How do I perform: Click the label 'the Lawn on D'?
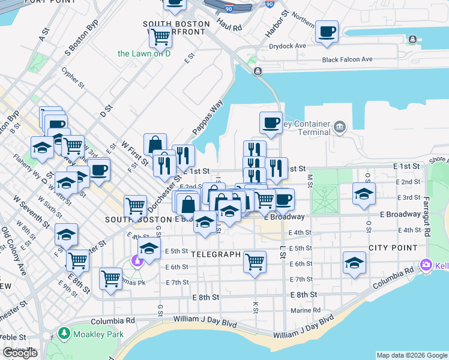point(144,53)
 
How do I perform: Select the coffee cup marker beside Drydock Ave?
point(327,32)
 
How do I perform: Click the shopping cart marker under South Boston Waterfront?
point(160,38)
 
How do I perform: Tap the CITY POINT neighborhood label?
point(393,248)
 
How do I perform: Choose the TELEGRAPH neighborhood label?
point(215,254)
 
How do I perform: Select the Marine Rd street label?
point(306,310)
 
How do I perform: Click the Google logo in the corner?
point(20,353)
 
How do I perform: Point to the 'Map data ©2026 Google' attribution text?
point(411,355)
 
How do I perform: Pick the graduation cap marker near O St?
point(364,194)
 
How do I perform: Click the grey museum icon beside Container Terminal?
point(340,127)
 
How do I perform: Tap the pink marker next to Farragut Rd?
point(427,264)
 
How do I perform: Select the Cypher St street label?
point(73,78)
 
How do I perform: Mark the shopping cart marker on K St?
point(255,261)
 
